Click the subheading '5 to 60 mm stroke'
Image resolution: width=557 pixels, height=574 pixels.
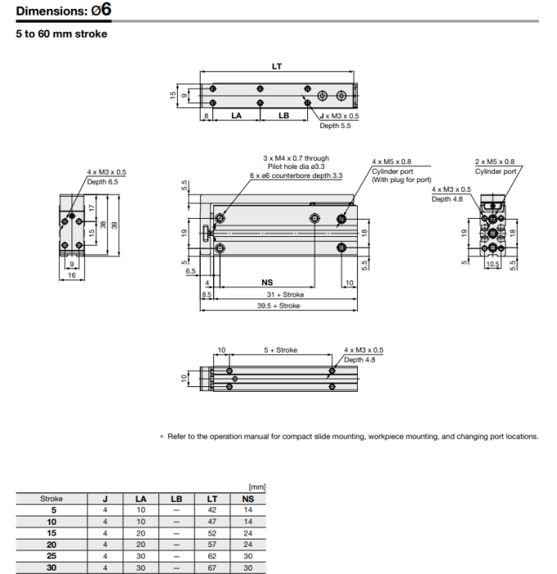coord(61,34)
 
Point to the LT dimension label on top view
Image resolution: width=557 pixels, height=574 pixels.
coord(277,66)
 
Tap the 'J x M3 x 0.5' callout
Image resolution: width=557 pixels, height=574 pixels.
coord(338,116)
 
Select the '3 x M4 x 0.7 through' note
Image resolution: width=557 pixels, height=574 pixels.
coord(296,158)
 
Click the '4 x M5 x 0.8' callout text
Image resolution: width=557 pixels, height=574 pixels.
coord(392,162)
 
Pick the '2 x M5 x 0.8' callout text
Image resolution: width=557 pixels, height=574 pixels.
coord(495,162)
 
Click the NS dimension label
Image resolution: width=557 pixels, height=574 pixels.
coord(266,281)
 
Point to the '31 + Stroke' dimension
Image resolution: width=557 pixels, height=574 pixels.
coord(284,294)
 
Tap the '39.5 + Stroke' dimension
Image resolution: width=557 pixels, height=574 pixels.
coord(279,306)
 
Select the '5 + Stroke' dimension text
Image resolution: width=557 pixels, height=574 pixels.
coord(280,350)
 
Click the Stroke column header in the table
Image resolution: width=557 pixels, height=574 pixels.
coord(52,499)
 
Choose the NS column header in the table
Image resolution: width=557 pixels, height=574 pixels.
coord(248,499)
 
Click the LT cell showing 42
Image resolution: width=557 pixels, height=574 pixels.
coord(212,509)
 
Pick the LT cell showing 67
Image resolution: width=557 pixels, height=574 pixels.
coord(212,567)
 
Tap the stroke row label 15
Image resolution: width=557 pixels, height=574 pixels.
coord(52,532)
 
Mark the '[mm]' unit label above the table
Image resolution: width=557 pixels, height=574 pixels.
coord(256,487)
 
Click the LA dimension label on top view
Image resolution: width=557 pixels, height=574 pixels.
coord(236,116)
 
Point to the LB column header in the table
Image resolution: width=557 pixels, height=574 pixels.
coord(176,499)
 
